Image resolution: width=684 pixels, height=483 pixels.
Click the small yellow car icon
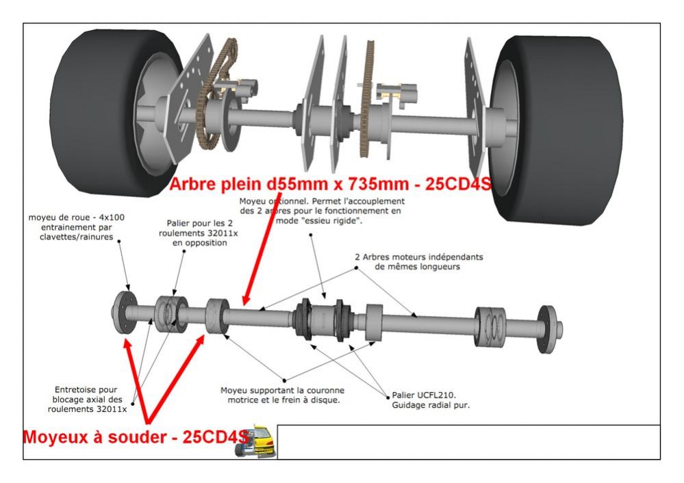(x=255, y=441)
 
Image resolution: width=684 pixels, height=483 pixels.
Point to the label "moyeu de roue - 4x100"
(x=77, y=218)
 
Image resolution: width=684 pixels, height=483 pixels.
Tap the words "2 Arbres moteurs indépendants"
(x=419, y=257)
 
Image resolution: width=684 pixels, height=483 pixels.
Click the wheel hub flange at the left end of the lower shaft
(x=123, y=314)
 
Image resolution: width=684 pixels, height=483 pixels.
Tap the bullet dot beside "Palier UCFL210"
(x=387, y=395)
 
